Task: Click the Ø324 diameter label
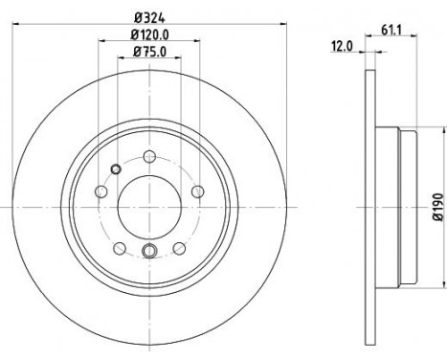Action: (x=149, y=18)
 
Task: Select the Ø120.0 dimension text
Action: (x=149, y=34)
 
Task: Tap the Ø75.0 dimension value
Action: (x=149, y=52)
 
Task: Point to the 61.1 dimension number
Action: (x=391, y=31)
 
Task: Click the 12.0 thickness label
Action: (x=343, y=47)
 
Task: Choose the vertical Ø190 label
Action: (x=438, y=207)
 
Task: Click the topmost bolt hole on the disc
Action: (x=149, y=156)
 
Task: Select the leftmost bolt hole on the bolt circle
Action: (x=101, y=191)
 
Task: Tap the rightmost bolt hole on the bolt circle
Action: (x=198, y=191)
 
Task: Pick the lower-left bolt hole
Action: (x=120, y=248)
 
